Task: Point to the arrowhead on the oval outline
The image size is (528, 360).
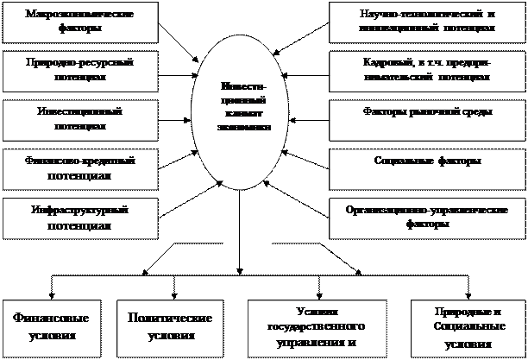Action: pyautogui.click(x=222, y=182)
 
